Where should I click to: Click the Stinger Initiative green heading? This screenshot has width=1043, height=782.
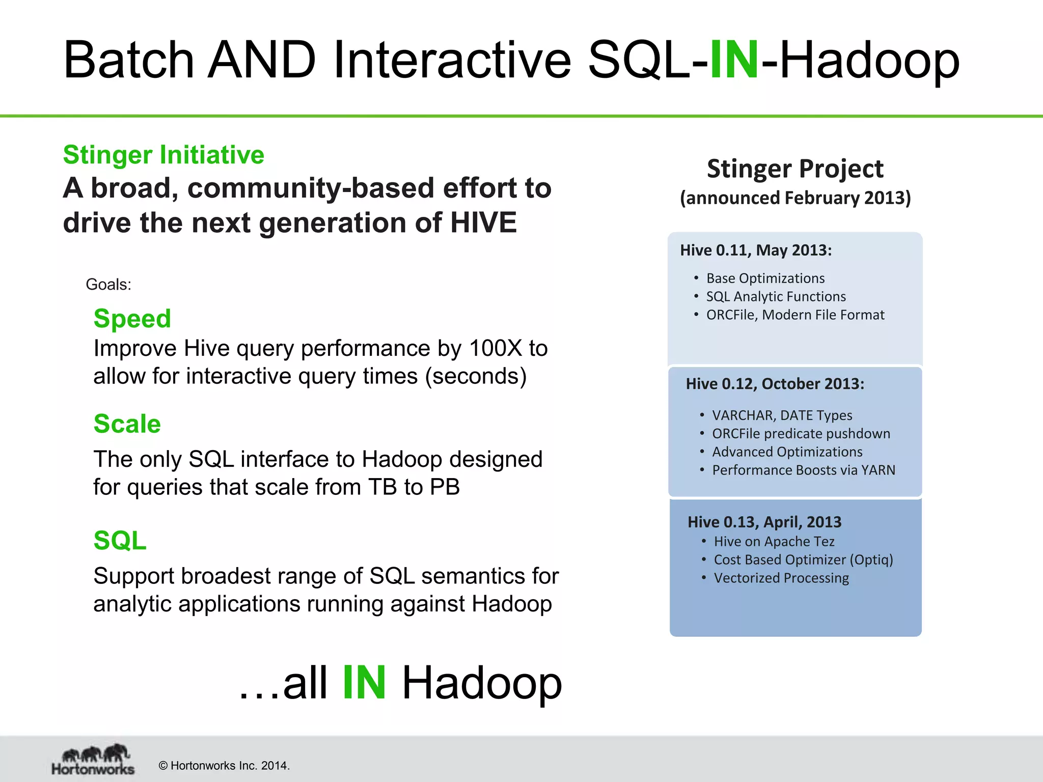(x=163, y=155)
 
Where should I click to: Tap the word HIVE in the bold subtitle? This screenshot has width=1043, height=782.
(x=483, y=223)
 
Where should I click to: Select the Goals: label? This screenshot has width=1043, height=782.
(x=108, y=285)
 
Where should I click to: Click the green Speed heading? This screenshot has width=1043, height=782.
(x=132, y=319)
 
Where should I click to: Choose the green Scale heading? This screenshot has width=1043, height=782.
(x=127, y=424)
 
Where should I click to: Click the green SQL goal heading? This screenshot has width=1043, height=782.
(x=120, y=541)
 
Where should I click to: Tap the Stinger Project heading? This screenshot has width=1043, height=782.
(x=794, y=169)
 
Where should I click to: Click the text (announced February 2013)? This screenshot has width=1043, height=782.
(x=795, y=198)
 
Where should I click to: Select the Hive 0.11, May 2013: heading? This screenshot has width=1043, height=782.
(x=756, y=250)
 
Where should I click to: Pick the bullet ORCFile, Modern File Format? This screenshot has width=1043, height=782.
(x=795, y=315)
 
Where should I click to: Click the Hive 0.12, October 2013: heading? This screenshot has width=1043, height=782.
(x=775, y=384)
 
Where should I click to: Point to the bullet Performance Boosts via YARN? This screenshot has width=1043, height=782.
(x=803, y=470)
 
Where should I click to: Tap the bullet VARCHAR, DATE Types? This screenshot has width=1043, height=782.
(x=782, y=415)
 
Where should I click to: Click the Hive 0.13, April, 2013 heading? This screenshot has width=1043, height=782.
(x=764, y=522)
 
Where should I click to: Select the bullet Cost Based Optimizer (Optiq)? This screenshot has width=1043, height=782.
(x=803, y=560)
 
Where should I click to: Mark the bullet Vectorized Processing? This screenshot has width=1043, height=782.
(x=781, y=578)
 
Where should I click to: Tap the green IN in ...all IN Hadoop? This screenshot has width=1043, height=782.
(x=364, y=683)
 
